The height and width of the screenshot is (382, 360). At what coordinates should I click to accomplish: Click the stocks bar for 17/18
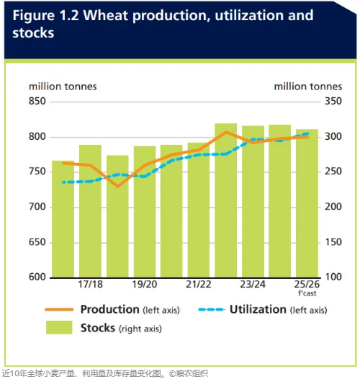(90, 211)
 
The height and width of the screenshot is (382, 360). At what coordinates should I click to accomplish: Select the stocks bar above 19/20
(145, 212)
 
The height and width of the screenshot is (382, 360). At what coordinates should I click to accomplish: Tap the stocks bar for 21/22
(199, 210)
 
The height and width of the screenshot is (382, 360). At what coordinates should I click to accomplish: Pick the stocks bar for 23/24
(253, 202)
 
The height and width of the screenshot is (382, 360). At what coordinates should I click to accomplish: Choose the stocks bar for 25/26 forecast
(307, 203)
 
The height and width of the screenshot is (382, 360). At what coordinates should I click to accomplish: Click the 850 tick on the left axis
(37, 101)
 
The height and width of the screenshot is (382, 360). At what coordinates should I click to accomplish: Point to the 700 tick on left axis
(37, 207)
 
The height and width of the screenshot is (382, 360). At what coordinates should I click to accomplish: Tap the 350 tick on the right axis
(333, 101)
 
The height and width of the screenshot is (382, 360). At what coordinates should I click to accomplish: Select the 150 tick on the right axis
(333, 242)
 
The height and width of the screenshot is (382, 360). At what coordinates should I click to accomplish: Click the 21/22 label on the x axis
(199, 284)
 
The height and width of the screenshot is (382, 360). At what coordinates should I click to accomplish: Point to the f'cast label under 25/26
(307, 293)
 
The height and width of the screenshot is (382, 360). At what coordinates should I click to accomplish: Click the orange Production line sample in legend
(59, 310)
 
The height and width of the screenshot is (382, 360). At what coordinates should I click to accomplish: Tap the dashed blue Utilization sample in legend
(212, 310)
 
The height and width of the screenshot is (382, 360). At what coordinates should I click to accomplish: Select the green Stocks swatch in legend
(59, 327)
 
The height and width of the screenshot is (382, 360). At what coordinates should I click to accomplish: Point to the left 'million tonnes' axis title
(63, 86)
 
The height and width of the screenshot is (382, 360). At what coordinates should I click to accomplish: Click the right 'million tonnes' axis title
(308, 86)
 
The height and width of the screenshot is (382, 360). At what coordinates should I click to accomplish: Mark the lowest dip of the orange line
(118, 187)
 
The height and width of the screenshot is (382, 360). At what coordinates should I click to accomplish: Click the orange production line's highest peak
(226, 132)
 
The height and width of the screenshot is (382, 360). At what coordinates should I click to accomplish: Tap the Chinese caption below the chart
(105, 374)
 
